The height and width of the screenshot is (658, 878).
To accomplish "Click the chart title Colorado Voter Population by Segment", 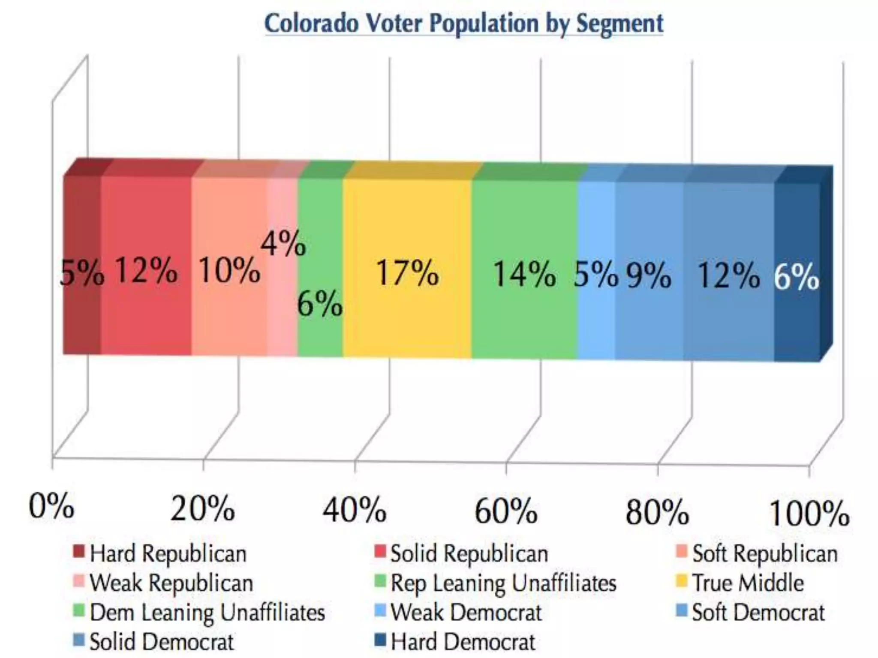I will (x=464, y=23).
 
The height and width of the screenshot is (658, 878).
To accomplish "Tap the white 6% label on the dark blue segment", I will (x=796, y=277).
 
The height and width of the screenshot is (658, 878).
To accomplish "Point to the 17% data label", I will (x=407, y=273).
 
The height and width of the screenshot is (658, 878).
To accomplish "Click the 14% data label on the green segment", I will (x=524, y=274).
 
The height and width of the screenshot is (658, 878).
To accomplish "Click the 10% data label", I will (x=229, y=270).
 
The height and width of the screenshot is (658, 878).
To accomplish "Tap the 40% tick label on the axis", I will (x=355, y=511).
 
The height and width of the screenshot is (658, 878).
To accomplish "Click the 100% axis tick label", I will (x=809, y=513).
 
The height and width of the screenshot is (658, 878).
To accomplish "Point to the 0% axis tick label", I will (x=51, y=506).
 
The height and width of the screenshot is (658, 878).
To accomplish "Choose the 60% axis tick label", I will (x=506, y=511).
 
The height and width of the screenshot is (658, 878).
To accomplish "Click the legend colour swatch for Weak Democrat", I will (x=380, y=610).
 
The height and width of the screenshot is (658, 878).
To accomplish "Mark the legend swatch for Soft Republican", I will (x=681, y=551).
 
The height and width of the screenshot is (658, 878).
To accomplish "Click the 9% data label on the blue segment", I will (x=649, y=275).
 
